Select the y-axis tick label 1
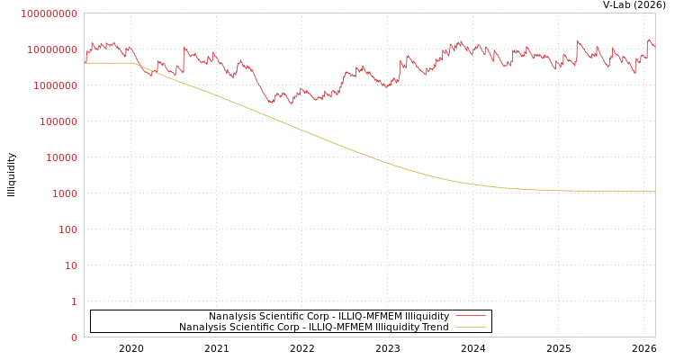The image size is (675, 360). point(74,301)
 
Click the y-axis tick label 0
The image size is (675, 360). point(74,337)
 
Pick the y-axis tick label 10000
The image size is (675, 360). point(62,157)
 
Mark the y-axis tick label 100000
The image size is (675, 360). point(59,121)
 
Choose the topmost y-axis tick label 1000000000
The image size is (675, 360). point(49,13)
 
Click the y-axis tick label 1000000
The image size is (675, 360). point(56,85)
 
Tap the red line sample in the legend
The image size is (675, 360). point(470,316)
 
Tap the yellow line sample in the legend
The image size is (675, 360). point(470,327)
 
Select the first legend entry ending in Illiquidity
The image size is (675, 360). point(328,316)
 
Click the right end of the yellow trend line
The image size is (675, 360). point(654,192)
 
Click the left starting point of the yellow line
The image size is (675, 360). point(85,63)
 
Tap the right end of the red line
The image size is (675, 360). point(654,45)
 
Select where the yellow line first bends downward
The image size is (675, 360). point(134,63)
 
